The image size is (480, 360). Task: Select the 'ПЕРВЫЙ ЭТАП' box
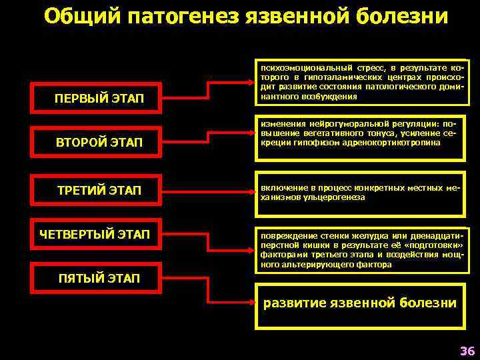click(x=99, y=99)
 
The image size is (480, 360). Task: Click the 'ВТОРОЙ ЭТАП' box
click(x=99, y=141)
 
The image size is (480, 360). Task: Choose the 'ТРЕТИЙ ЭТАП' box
click(x=99, y=191)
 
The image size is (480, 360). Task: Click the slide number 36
click(x=466, y=351)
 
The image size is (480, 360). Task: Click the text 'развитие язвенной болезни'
click(x=360, y=303)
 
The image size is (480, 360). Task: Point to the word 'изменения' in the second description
click(x=282, y=123)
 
